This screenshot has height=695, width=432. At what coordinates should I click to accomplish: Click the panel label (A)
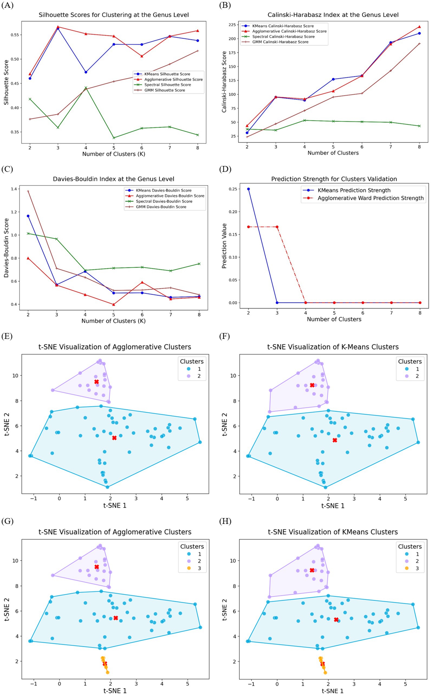pyautogui.click(x=7, y=5)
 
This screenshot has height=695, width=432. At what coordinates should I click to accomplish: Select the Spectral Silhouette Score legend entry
pyautogui.click(x=167, y=85)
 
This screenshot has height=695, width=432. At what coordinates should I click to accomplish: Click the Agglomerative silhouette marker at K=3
pyautogui.click(x=58, y=27)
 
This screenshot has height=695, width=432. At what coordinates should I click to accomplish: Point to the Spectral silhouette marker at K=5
pyautogui.click(x=114, y=138)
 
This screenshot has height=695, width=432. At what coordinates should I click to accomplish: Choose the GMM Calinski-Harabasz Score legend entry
pyautogui.click(x=280, y=42)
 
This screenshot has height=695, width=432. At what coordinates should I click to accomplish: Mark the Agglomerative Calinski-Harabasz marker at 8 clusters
pyautogui.click(x=420, y=27)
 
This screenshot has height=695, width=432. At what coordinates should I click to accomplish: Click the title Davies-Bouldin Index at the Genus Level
pyautogui.click(x=113, y=179)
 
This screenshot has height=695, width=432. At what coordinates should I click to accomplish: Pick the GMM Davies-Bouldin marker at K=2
pyautogui.click(x=28, y=191)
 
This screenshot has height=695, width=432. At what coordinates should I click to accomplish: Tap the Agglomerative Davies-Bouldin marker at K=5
pyautogui.click(x=114, y=304)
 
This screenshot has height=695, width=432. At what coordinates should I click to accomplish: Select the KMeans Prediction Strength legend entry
pyautogui.click(x=354, y=190)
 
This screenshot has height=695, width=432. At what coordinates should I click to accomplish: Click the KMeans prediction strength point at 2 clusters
pyautogui.click(x=248, y=189)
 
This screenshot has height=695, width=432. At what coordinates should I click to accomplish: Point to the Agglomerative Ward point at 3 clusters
pyautogui.click(x=277, y=227)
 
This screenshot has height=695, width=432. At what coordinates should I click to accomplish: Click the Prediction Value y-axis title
pyautogui.click(x=224, y=246)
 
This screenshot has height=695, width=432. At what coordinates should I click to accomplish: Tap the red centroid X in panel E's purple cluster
pyautogui.click(x=97, y=382)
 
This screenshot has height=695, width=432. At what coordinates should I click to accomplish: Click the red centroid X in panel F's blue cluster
pyautogui.click(x=335, y=440)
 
